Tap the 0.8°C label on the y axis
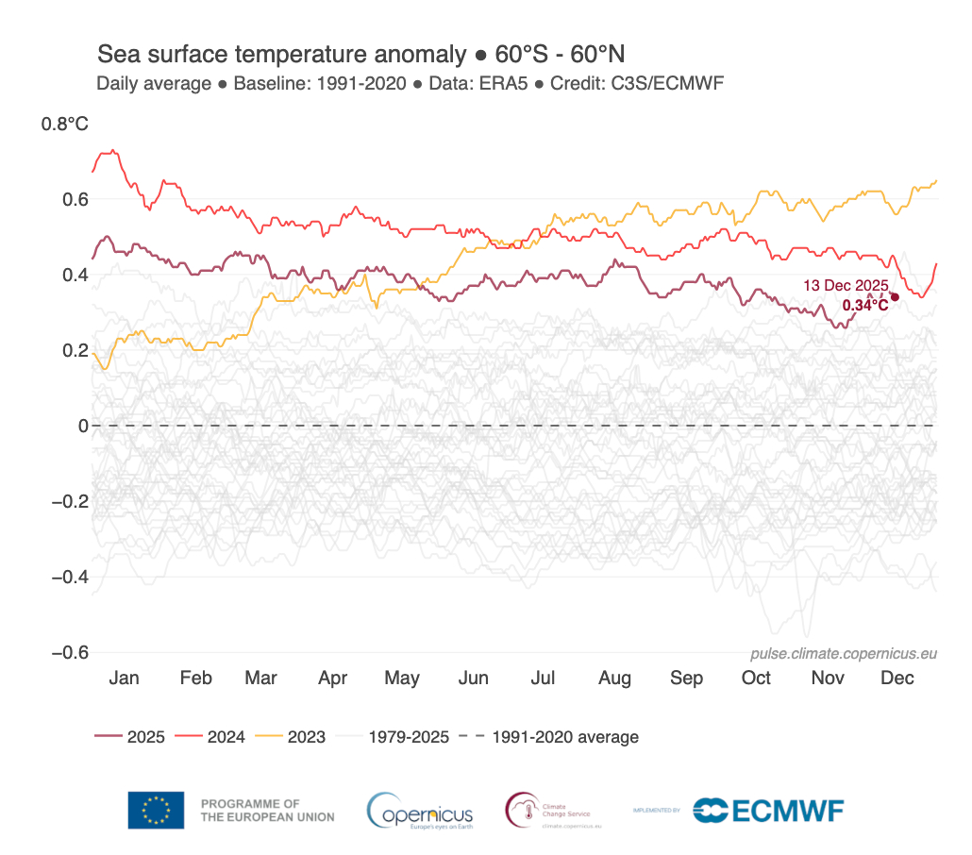(63, 124)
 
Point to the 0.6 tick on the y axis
(76, 199)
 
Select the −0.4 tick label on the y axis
(70, 577)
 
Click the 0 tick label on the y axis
(83, 426)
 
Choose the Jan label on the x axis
(124, 678)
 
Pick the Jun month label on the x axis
(473, 678)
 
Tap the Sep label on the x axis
(687, 678)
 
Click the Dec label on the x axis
(897, 678)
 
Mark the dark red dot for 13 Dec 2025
(895, 297)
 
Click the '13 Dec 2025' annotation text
(846, 285)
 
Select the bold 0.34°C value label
(864, 305)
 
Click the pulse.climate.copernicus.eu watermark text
(844, 653)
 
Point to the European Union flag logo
(156, 811)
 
